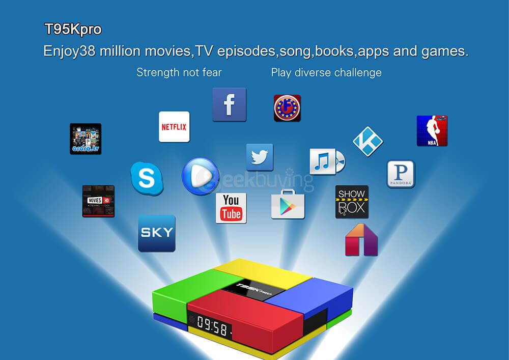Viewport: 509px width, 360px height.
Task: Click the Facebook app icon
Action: [x=229, y=104]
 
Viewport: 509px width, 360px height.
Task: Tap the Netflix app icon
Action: [x=174, y=127]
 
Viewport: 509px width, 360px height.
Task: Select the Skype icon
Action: [x=147, y=178]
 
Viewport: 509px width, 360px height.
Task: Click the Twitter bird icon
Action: [x=260, y=157]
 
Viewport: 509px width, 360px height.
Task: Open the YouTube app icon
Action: [x=231, y=208]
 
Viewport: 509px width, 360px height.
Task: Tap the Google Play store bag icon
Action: [x=288, y=204]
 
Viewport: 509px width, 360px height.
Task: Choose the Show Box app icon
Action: [x=352, y=202]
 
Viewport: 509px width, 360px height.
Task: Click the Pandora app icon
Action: [x=401, y=174]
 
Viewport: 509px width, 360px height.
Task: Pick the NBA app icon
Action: [x=432, y=131]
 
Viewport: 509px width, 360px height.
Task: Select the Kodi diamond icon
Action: [x=368, y=142]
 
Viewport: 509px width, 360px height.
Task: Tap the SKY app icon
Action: [x=157, y=233]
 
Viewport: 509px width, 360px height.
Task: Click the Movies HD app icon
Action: [x=98, y=201]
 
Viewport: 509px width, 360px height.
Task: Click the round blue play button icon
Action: [x=201, y=176]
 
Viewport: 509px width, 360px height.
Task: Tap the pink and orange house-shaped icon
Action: [x=361, y=239]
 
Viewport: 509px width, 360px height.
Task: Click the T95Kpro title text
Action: [x=73, y=30]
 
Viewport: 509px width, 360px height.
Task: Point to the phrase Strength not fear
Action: [x=179, y=72]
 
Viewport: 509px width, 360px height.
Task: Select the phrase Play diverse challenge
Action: [x=326, y=72]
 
